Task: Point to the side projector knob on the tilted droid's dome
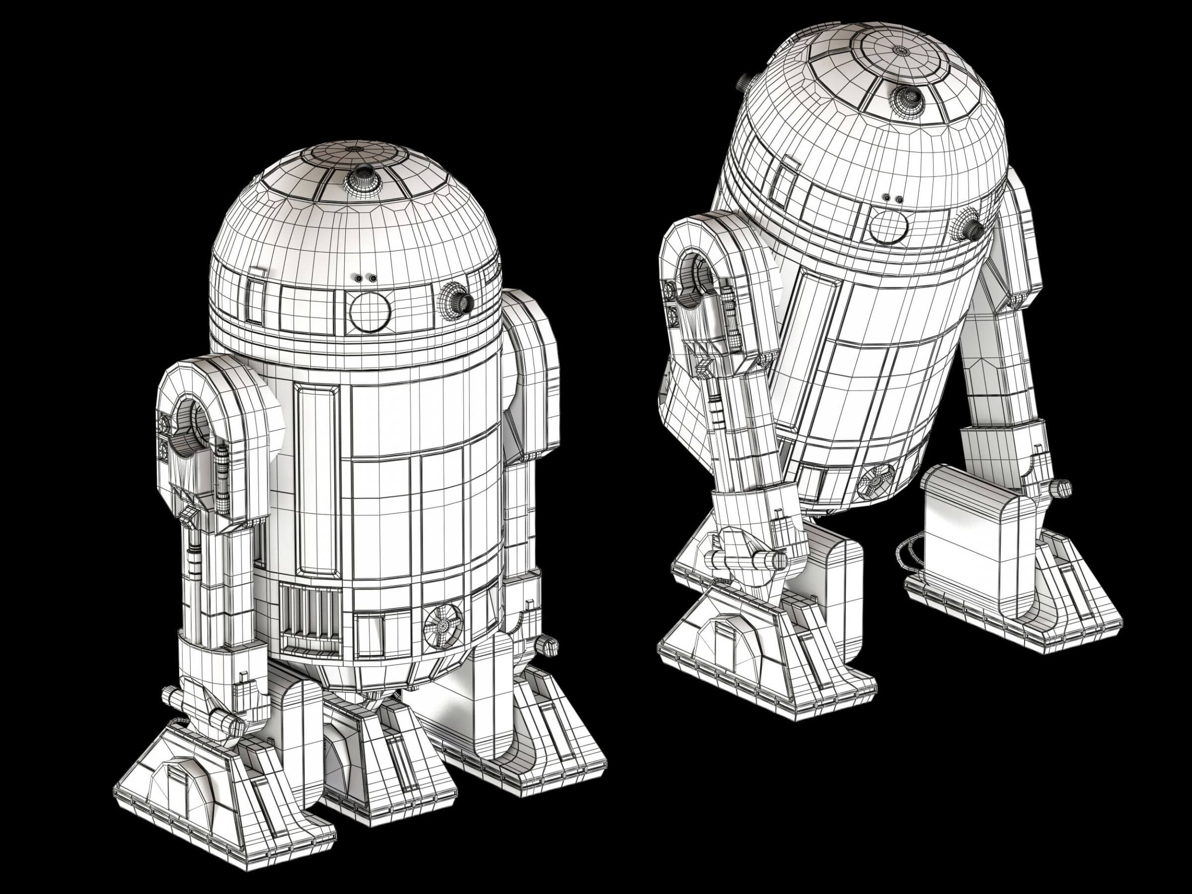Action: click(970, 229)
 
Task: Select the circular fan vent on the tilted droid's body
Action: click(876, 480)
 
